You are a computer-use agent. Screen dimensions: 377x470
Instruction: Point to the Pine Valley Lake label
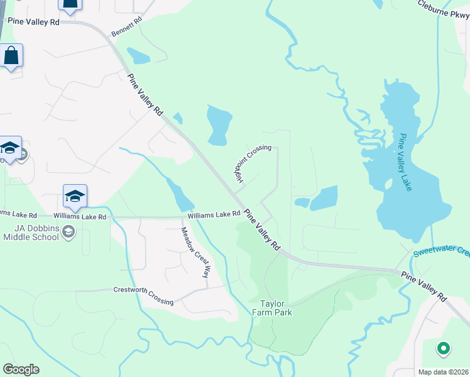click(x=405, y=161)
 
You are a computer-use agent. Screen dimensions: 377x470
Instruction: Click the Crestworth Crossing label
click(x=143, y=296)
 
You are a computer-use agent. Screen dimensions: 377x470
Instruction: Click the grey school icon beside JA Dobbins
click(x=68, y=234)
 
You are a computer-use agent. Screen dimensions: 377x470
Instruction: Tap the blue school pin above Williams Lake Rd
click(x=75, y=197)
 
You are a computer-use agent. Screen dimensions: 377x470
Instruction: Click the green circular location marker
click(x=443, y=347)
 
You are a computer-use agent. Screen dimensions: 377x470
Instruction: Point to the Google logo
click(x=21, y=369)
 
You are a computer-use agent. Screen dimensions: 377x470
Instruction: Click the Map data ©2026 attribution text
click(x=443, y=372)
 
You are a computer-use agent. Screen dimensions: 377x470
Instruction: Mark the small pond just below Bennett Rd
click(x=138, y=56)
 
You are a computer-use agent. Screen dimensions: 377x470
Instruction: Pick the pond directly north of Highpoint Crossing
click(x=219, y=124)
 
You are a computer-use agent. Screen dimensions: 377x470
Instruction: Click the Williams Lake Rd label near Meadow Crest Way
click(x=214, y=214)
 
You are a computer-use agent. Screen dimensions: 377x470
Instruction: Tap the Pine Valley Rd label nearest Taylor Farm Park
click(x=262, y=230)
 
